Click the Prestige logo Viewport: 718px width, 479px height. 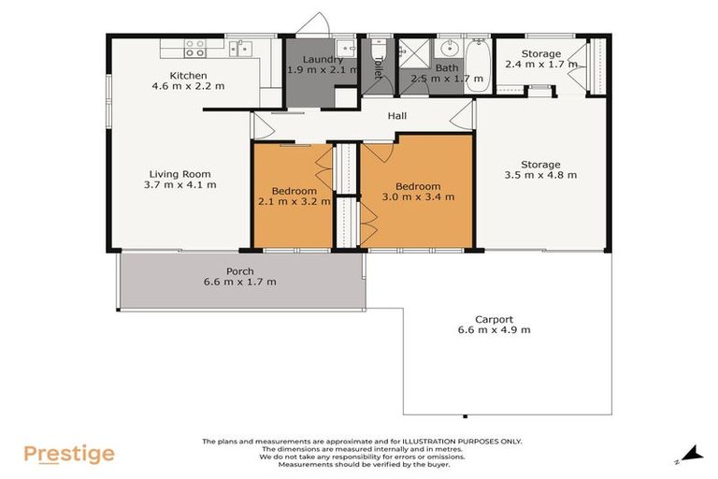click(x=69, y=455)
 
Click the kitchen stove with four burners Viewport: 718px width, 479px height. click(x=194, y=48)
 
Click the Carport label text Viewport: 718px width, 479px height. click(x=494, y=319)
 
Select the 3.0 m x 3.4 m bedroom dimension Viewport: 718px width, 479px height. click(x=418, y=196)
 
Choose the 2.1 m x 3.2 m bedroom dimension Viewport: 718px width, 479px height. click(x=294, y=201)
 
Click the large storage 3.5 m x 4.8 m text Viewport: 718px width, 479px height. click(x=540, y=175)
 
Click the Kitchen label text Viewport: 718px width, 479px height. click(x=188, y=76)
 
